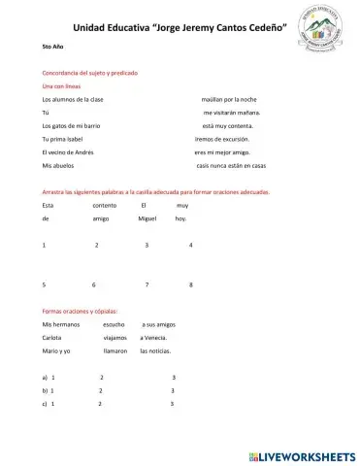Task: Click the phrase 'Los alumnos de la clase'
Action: (x=74, y=100)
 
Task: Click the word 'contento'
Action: (x=104, y=206)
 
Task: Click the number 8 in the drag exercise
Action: (x=191, y=284)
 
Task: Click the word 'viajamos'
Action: (x=115, y=336)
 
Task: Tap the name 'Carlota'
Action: (x=54, y=336)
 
